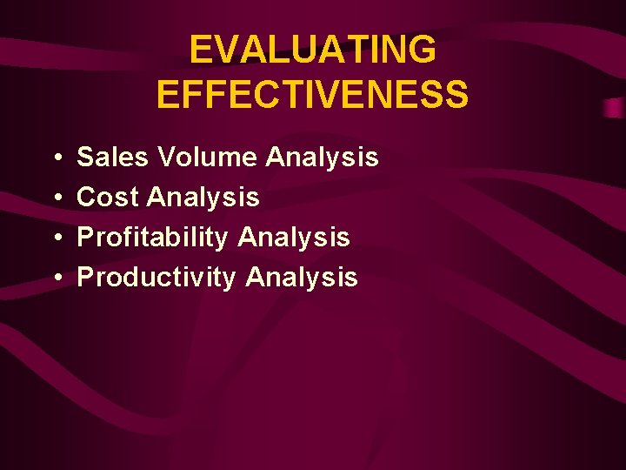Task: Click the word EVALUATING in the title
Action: [313, 50]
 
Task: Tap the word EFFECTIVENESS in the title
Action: [313, 94]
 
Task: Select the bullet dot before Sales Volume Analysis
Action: [55, 158]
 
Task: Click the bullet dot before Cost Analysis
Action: [55, 198]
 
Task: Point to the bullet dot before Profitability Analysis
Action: [55, 238]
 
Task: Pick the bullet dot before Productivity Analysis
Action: [55, 279]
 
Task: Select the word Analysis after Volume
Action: [323, 158]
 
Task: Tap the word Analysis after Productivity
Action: [302, 278]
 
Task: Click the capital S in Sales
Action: [85, 158]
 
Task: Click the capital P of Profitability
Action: [85, 238]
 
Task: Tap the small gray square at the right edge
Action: [615, 108]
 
